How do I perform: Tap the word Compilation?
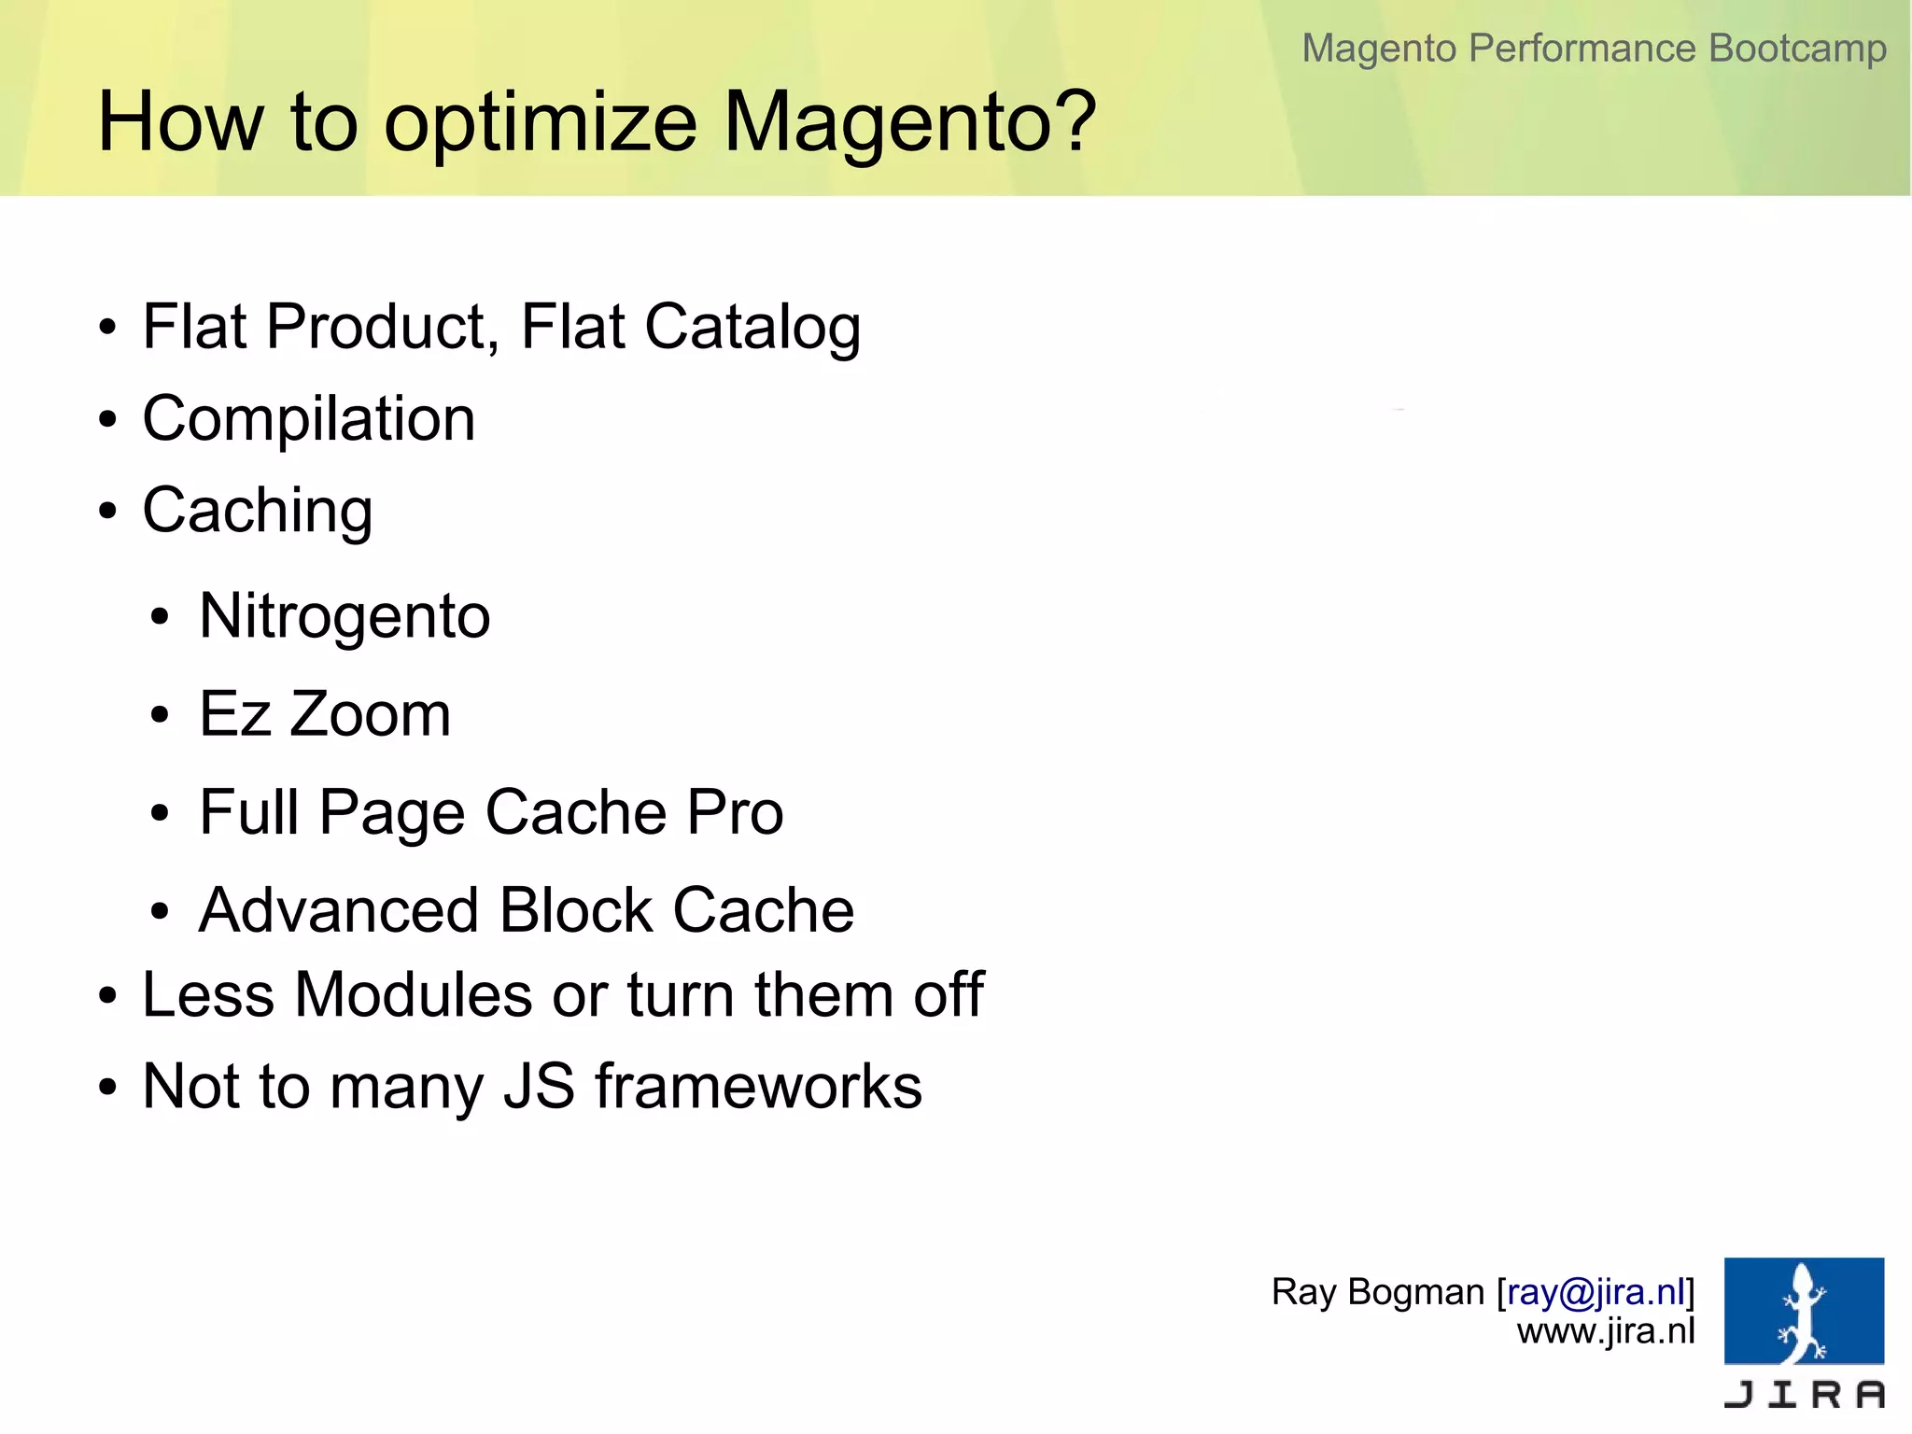[x=309, y=419]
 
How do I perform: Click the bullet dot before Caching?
[x=108, y=512]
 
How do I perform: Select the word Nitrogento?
[x=344, y=617]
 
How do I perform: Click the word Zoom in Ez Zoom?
[x=370, y=714]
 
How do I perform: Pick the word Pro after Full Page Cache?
[x=735, y=812]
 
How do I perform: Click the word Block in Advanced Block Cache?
[x=576, y=910]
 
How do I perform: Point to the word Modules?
[x=414, y=994]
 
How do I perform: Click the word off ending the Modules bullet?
[x=949, y=994]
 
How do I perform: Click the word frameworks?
[x=758, y=1086]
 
